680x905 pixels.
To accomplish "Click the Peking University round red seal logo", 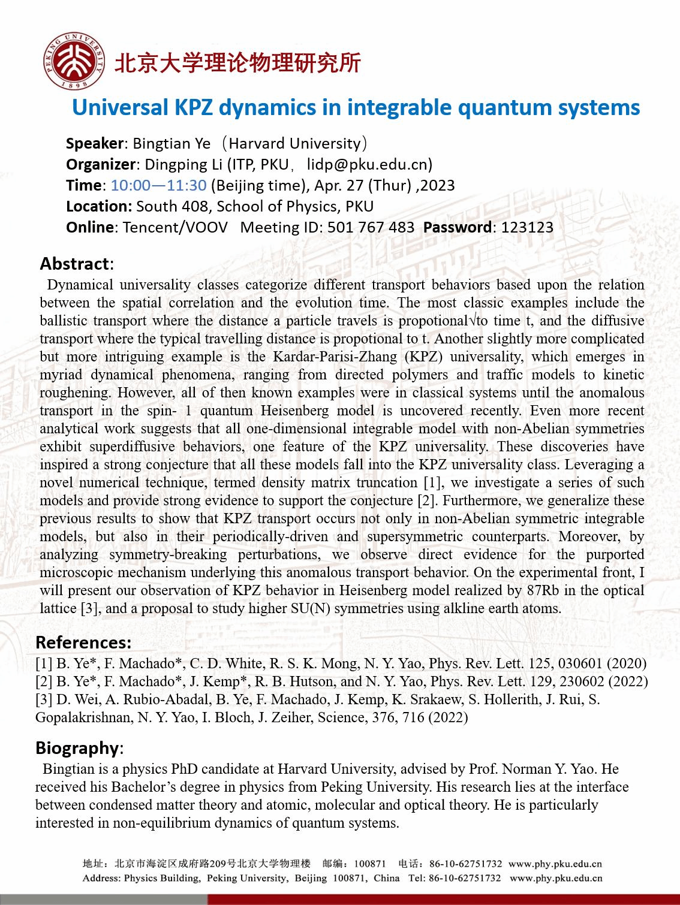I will click(74, 61).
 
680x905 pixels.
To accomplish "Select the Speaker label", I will click(95, 144).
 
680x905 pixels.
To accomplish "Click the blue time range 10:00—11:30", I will click(159, 185).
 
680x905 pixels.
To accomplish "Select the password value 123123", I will click(527, 227).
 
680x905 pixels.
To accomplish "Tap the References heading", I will click(83, 642).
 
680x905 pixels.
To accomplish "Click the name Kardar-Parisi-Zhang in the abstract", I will click(335, 357).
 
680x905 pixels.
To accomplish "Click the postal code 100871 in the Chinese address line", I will click(370, 864).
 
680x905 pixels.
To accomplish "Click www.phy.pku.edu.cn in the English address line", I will click(556, 878).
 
